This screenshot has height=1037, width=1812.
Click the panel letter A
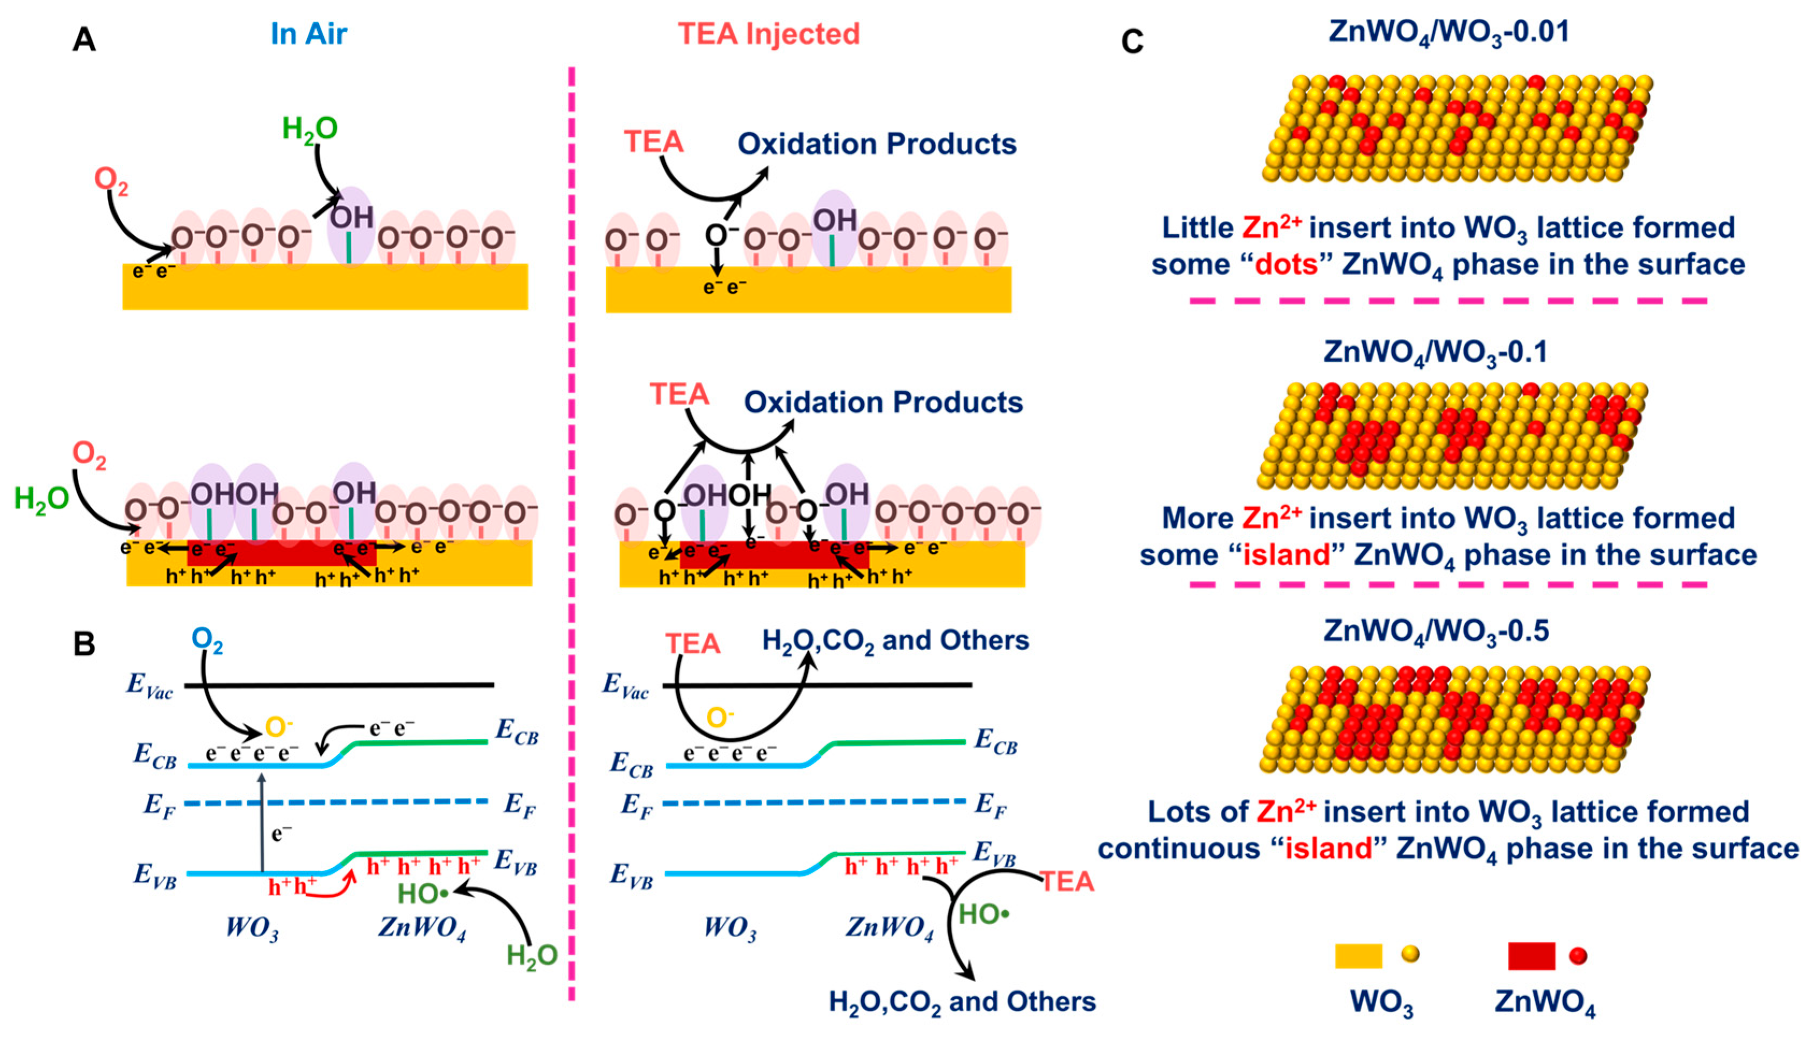[x=84, y=40]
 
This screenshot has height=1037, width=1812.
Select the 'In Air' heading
[x=309, y=33]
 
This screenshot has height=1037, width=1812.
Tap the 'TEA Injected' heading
[x=769, y=33]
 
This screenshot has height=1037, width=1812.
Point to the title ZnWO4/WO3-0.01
[x=1449, y=33]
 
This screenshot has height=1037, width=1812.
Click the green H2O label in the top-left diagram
[x=310, y=129]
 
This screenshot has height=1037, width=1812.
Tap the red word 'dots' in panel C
[x=1286, y=265]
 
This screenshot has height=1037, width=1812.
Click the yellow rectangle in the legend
[x=1358, y=956]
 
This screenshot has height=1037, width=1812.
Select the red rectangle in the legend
[x=1531, y=956]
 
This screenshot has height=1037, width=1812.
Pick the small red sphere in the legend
[x=1578, y=956]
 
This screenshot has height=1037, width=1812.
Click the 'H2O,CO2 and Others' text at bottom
[x=962, y=1002]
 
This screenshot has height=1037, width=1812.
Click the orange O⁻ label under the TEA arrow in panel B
[x=720, y=717]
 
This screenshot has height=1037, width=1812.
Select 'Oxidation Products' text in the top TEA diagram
[x=876, y=144]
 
